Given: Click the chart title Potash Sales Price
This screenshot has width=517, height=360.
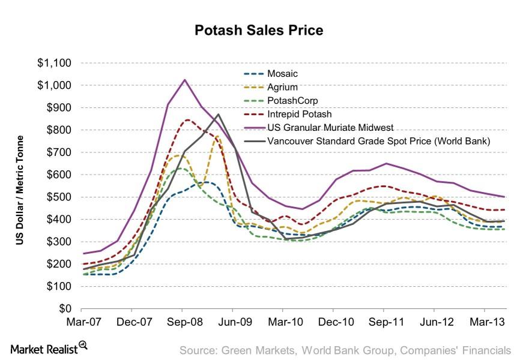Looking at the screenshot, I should [x=258, y=31].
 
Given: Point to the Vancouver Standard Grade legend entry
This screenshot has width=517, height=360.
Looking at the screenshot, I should [x=360, y=142].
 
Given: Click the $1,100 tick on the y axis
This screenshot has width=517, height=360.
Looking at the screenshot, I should [x=55, y=63].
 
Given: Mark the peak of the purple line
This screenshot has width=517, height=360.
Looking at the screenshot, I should [x=184, y=79].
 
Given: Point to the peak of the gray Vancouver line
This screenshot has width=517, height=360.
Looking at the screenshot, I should [x=218, y=114].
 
